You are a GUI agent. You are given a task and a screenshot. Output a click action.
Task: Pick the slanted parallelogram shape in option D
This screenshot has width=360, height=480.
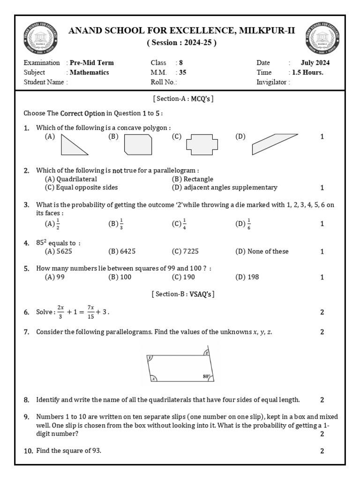[x=274, y=144]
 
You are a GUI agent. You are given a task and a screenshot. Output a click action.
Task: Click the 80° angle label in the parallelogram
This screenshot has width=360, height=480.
[x=206, y=376]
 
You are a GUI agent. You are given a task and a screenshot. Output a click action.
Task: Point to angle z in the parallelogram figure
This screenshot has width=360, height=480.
[x=206, y=352]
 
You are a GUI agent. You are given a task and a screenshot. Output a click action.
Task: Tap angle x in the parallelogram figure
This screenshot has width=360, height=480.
[x=153, y=379]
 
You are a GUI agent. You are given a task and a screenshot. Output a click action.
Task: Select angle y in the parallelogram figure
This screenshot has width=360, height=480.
[x=150, y=358]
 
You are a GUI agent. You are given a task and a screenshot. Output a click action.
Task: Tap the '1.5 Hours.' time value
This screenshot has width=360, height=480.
[x=307, y=72]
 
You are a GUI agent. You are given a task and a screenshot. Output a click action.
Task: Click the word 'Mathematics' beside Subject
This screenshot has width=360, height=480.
[x=89, y=72]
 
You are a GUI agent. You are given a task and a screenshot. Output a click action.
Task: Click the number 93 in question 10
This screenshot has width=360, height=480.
[x=96, y=450]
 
